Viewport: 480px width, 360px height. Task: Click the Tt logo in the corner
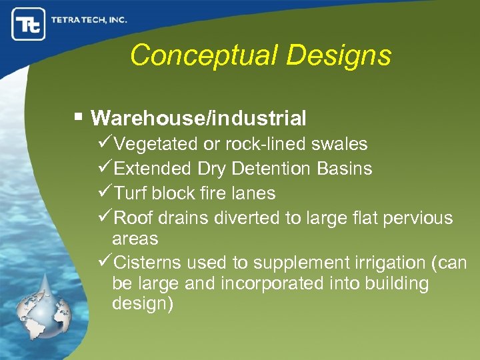[28, 24]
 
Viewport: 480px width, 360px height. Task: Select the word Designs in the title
[346, 55]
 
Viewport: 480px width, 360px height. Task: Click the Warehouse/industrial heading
[199, 119]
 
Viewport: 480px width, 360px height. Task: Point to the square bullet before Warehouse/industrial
[79, 117]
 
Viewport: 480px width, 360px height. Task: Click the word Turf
[131, 193]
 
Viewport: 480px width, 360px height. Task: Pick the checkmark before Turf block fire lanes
[105, 193]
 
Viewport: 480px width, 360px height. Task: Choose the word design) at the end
[143, 304]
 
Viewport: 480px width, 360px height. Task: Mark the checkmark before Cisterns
[105, 262]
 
